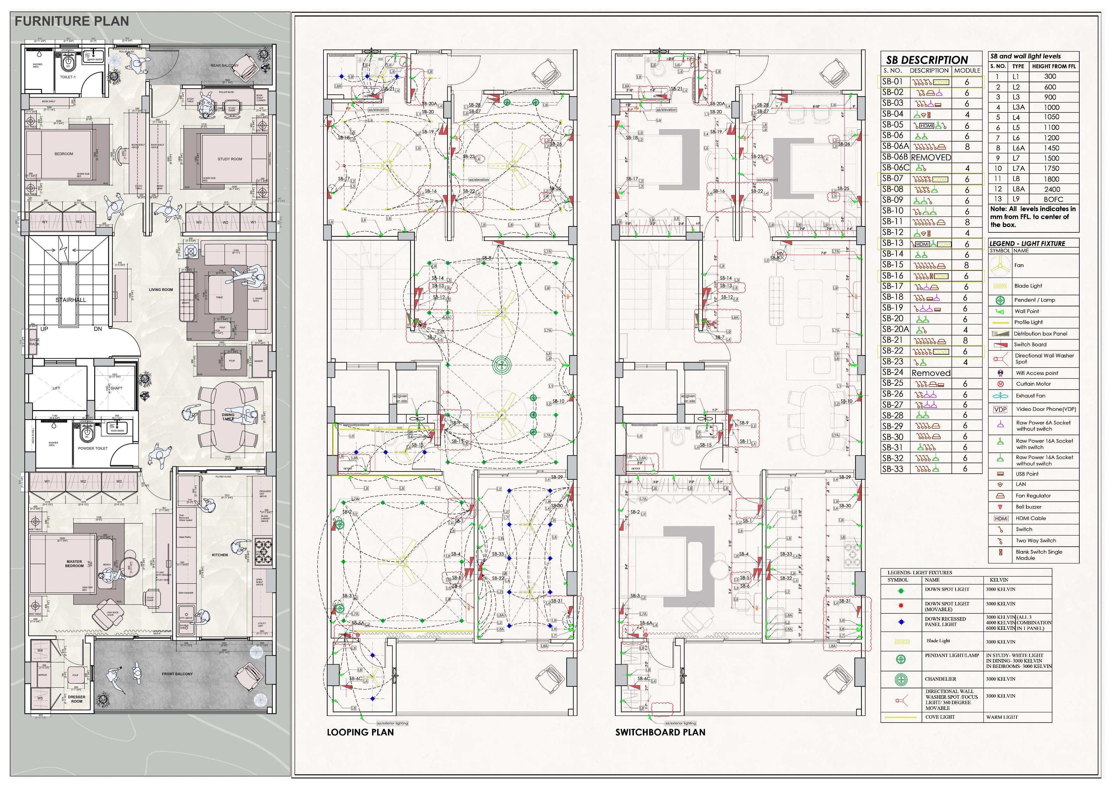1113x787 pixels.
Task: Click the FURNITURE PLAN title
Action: click(x=72, y=21)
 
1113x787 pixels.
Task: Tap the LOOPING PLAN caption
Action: click(x=360, y=732)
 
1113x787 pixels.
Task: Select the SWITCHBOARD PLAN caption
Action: click(x=660, y=732)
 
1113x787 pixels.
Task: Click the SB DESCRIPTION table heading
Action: click(x=927, y=60)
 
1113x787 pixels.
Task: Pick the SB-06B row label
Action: click(x=894, y=157)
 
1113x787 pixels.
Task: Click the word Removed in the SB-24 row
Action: click(x=931, y=373)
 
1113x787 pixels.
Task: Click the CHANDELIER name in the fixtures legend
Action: click(x=940, y=679)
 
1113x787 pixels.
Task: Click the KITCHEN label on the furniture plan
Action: click(x=220, y=555)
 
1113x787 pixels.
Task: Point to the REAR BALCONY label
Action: click(x=224, y=65)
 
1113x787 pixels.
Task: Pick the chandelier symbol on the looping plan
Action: click(x=502, y=365)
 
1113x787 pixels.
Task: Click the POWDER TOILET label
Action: click(x=93, y=449)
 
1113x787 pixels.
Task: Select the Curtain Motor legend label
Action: click(x=1034, y=383)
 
